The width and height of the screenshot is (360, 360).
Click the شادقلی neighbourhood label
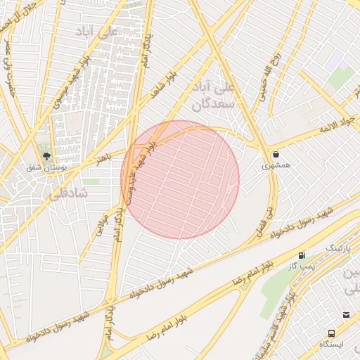pos(66,192)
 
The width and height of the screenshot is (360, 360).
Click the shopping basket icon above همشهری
pos(275,154)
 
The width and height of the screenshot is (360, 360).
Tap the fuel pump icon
pos(302,255)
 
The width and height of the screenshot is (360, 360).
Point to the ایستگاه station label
pos(330,345)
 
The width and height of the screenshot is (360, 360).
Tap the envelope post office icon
pos(347,315)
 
